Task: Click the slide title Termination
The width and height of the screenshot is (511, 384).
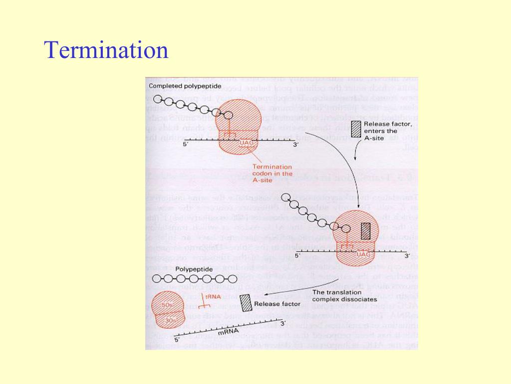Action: (106, 50)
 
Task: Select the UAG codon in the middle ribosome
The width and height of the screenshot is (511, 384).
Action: (364, 254)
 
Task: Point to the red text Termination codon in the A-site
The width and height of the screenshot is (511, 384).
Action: (272, 173)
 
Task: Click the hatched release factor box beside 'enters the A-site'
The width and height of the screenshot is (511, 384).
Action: (355, 128)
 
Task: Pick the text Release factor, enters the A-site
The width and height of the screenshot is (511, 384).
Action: (387, 131)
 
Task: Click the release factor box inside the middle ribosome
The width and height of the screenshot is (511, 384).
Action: (366, 231)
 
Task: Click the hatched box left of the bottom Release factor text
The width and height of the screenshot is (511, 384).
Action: (246, 303)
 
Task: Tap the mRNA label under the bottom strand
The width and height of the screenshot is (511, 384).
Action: (229, 331)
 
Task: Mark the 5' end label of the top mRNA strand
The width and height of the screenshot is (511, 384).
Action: (186, 144)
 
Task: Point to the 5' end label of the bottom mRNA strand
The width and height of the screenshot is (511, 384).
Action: (176, 339)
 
